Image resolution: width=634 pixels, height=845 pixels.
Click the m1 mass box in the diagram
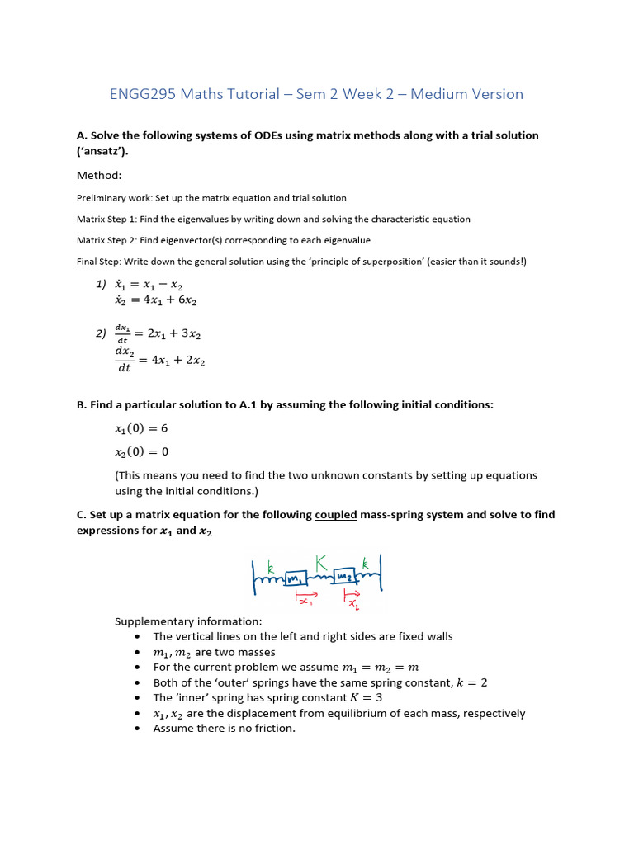(x=295, y=579)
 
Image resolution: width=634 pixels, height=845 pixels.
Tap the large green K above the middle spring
(x=320, y=562)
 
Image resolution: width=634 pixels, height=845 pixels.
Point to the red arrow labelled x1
(x=307, y=594)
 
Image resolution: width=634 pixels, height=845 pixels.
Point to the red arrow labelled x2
(x=352, y=593)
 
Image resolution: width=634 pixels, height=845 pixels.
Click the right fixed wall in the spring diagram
(x=380, y=574)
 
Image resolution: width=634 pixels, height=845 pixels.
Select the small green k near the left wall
(x=269, y=568)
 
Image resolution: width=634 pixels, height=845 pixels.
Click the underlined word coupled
(x=335, y=514)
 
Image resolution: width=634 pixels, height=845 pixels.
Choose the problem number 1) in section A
(x=102, y=284)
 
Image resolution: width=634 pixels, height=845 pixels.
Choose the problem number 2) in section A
(x=102, y=333)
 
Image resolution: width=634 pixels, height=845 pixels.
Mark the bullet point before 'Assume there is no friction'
(x=136, y=729)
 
